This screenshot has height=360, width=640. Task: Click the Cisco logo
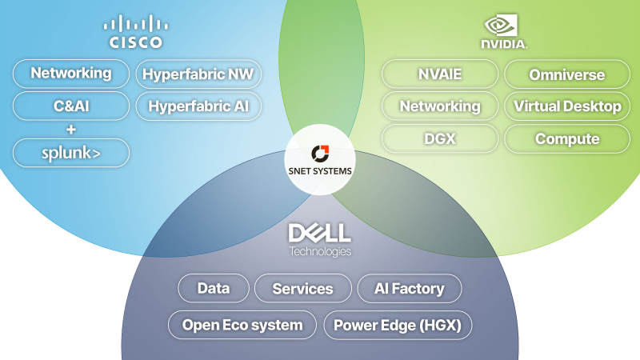click(x=135, y=32)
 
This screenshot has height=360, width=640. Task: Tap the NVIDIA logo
click(x=504, y=32)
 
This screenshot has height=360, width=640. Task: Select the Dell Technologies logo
click(x=319, y=240)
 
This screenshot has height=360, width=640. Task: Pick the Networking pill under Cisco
click(x=71, y=74)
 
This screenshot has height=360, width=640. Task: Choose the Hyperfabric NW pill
click(x=198, y=74)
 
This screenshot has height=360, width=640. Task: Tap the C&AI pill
click(x=71, y=106)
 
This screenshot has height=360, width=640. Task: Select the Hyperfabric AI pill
click(x=198, y=106)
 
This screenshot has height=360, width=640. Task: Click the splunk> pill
click(x=71, y=153)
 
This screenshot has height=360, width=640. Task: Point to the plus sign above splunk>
click(x=71, y=130)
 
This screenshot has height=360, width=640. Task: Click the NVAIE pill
click(x=440, y=74)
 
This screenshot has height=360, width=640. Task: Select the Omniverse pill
click(x=567, y=74)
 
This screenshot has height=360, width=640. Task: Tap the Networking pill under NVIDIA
click(x=440, y=106)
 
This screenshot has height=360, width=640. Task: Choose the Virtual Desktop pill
click(x=567, y=106)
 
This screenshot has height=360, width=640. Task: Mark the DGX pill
click(x=440, y=138)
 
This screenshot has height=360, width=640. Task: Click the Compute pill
click(x=567, y=138)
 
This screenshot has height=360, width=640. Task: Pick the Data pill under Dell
click(x=214, y=288)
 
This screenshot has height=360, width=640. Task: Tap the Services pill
click(x=303, y=289)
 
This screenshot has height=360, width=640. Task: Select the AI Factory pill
click(x=410, y=289)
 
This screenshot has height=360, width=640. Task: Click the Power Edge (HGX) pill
click(x=398, y=326)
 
